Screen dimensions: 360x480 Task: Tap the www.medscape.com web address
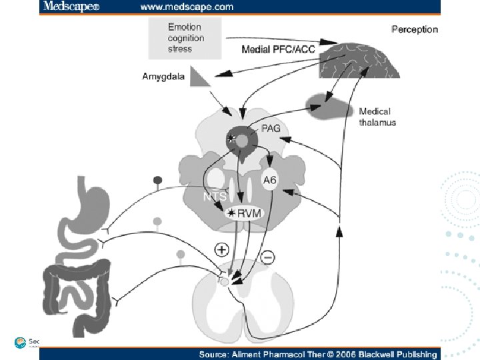tap(187, 7)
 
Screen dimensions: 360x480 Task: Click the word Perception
tap(415, 29)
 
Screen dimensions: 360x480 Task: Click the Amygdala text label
tap(163, 76)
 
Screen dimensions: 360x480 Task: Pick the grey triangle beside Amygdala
tap(199, 77)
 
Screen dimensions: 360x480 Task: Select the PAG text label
tap(271, 128)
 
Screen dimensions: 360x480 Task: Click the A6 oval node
tap(270, 179)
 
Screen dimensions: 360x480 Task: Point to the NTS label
tap(215, 197)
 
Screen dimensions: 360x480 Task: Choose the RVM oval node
tap(247, 213)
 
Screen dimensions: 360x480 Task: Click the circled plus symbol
tap(221, 250)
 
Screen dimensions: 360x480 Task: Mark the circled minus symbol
tap(267, 257)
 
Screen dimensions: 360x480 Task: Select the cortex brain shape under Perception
tap(365, 60)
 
